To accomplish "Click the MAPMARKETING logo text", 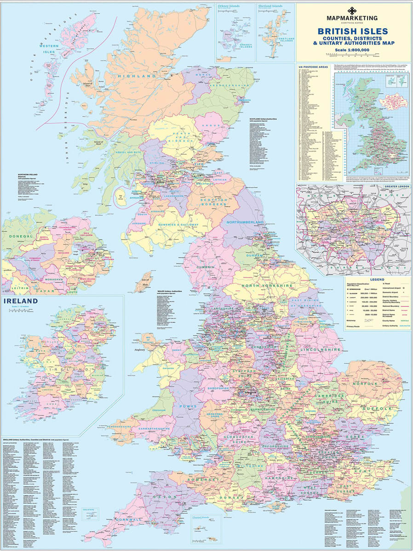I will point(352,17).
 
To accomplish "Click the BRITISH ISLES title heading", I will point(352,31).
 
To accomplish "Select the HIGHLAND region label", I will point(137,76).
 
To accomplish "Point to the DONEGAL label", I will point(19,236).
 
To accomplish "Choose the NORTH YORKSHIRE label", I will point(267,286).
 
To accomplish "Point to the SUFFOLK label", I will point(377,408).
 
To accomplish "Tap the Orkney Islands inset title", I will point(229,7).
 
